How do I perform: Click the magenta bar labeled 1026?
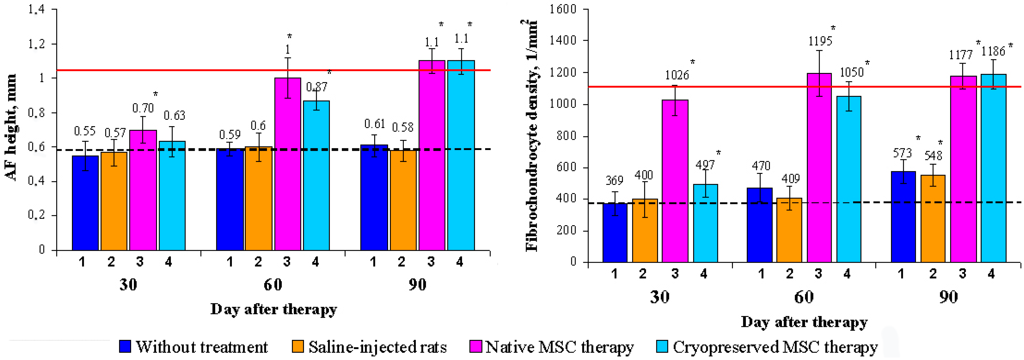click(x=675, y=181)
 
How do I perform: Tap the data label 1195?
click(x=820, y=41)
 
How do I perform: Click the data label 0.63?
click(x=174, y=115)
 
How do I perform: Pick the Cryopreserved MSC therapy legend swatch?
click(x=662, y=347)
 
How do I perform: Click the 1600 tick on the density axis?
click(x=563, y=9)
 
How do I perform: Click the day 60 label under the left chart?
click(x=273, y=285)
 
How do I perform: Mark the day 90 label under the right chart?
click(x=948, y=297)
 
